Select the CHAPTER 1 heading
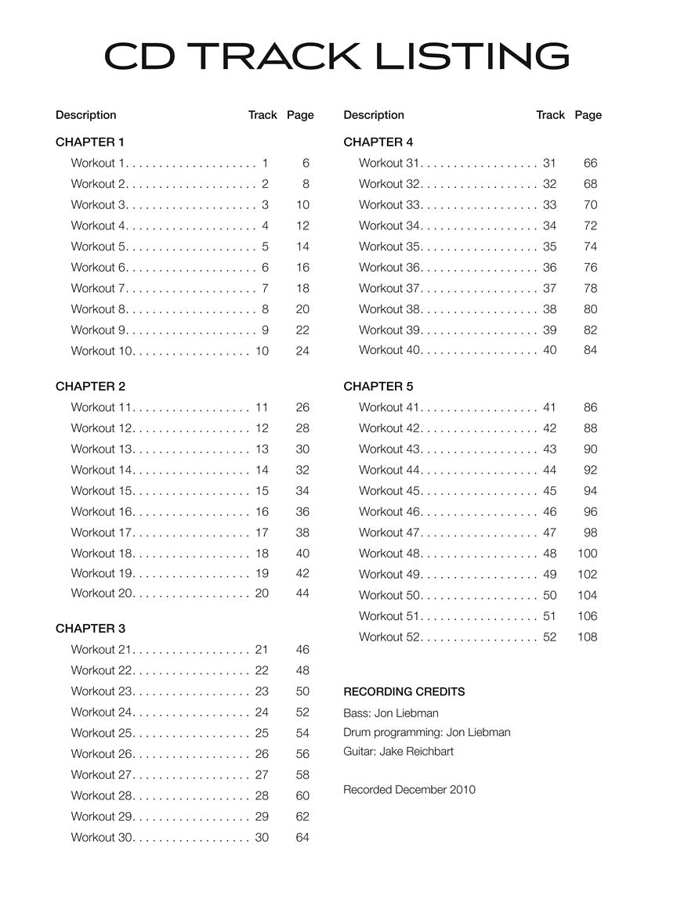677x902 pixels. [x=90, y=143]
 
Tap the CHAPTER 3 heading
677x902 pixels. [x=90, y=629]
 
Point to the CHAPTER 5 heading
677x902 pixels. [x=378, y=387]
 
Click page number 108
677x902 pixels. [x=587, y=637]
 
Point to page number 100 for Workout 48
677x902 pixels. [x=587, y=554]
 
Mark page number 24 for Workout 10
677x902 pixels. [x=302, y=352]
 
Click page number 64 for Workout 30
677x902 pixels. [x=302, y=838]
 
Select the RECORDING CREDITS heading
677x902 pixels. [x=404, y=692]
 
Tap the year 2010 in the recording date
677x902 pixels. [x=462, y=790]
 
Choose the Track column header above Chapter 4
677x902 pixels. [x=550, y=115]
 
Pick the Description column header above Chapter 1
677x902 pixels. [x=86, y=115]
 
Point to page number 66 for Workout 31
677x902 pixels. [x=590, y=164]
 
